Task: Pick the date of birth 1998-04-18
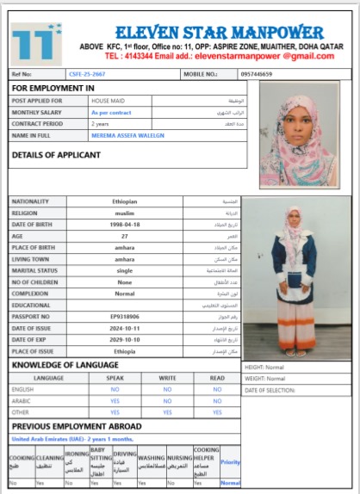[x=125, y=223]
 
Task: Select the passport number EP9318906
[x=125, y=317]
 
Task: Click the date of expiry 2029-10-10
[x=125, y=340]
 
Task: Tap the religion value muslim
[x=125, y=212]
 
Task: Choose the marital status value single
[x=125, y=270]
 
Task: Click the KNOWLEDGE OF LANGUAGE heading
[x=65, y=365]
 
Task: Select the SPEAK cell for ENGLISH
[x=114, y=389]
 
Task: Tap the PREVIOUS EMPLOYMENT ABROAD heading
[x=78, y=426]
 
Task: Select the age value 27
[x=125, y=235]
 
